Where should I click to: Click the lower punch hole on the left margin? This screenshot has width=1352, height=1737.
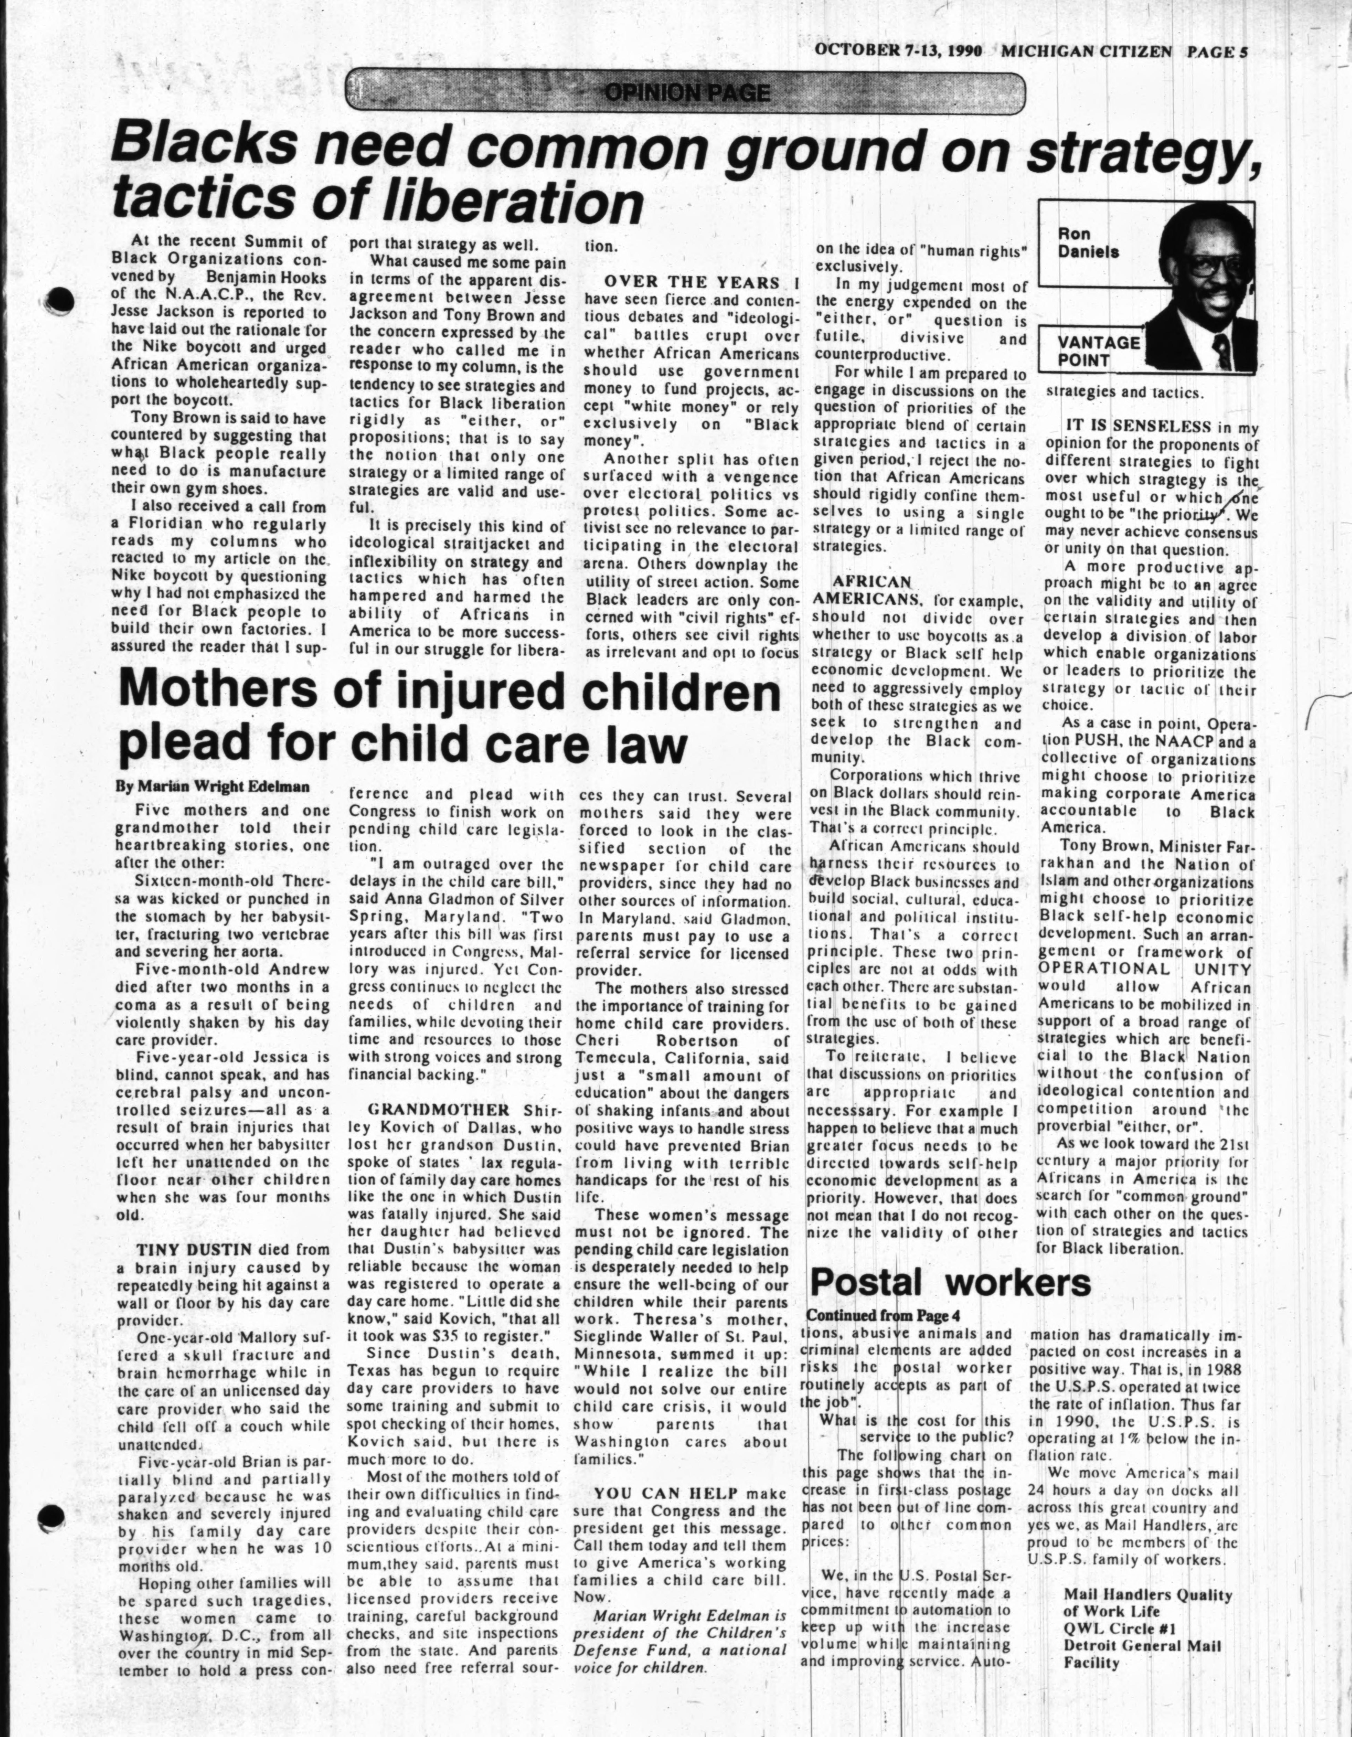coord(52,1516)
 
